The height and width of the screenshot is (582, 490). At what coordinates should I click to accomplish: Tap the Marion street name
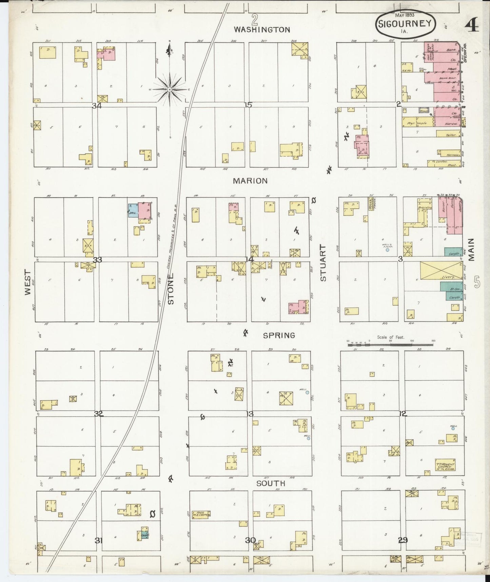tap(250, 181)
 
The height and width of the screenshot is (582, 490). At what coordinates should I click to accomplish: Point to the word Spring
tap(279, 335)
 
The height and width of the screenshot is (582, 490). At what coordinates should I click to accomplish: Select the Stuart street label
tap(323, 263)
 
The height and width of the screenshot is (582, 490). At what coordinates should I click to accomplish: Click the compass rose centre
tap(169, 89)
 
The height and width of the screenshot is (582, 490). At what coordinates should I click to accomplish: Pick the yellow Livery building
tap(441, 270)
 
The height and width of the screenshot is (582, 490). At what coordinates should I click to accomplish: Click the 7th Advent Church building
tap(445, 465)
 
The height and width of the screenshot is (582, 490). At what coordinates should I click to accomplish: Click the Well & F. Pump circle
tap(387, 250)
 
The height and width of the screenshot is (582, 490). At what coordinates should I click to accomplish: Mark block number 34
tap(97, 106)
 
